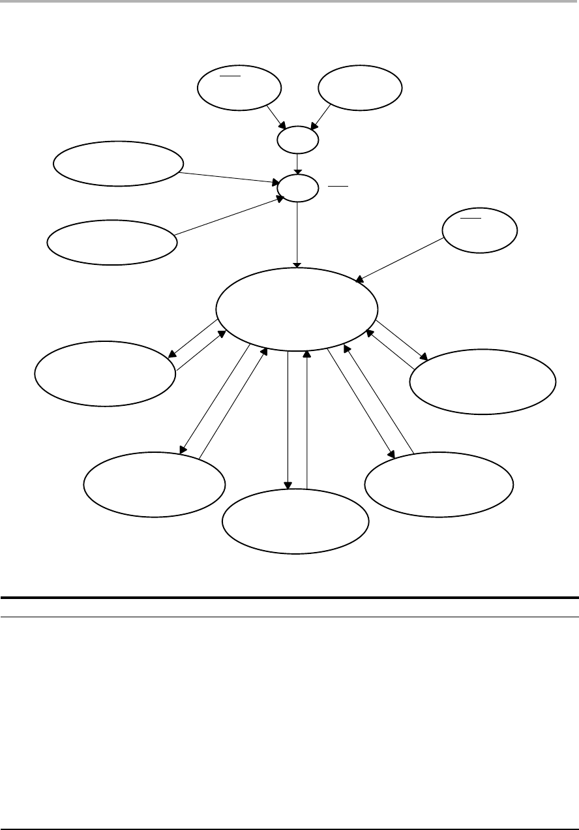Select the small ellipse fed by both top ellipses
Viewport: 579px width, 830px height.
[x=298, y=140]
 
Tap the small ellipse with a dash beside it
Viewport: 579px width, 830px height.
[x=298, y=188]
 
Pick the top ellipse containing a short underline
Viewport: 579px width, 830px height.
[x=239, y=89]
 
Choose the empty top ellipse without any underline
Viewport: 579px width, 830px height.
[x=359, y=89]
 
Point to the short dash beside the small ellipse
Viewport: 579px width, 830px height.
[x=338, y=187]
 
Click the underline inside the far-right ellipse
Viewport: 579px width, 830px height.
[x=471, y=217]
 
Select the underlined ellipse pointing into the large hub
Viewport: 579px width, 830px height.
[x=479, y=230]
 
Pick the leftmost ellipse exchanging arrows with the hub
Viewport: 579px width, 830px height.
[x=105, y=374]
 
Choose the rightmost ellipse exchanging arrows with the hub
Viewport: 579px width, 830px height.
[x=483, y=381]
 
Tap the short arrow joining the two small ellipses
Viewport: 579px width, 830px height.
[x=298, y=163]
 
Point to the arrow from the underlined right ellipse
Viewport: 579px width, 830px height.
[x=400, y=260]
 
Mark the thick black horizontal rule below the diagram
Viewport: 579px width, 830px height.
[x=289, y=597]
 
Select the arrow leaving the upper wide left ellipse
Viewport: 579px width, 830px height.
[x=228, y=178]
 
